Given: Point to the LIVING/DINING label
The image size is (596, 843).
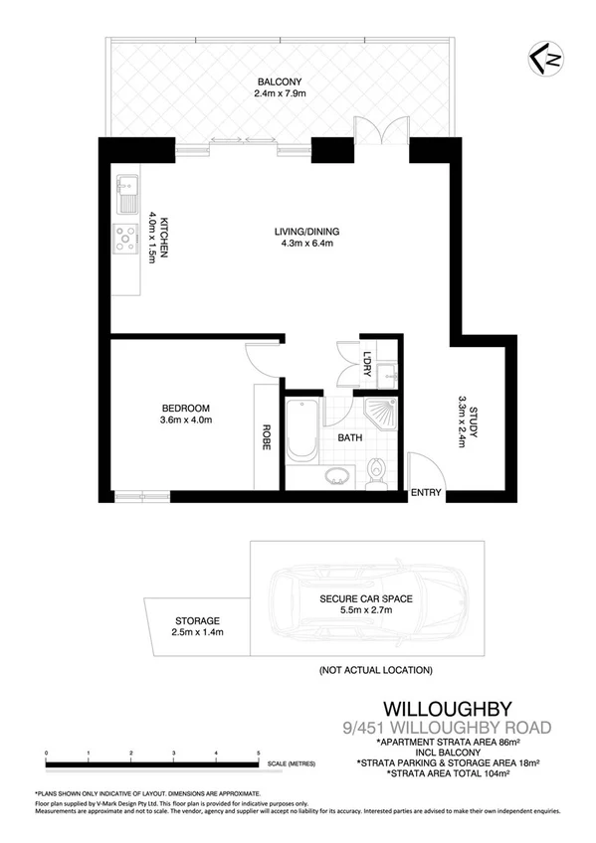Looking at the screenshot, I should click(x=303, y=234).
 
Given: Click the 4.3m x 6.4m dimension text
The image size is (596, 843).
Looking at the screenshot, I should click(x=303, y=245).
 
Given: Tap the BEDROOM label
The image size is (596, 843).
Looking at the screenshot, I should click(x=185, y=408).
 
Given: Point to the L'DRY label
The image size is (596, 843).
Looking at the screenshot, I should click(x=367, y=364).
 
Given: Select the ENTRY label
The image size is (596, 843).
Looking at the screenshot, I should click(x=426, y=493).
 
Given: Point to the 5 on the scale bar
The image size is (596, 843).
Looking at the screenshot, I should click(x=259, y=755).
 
